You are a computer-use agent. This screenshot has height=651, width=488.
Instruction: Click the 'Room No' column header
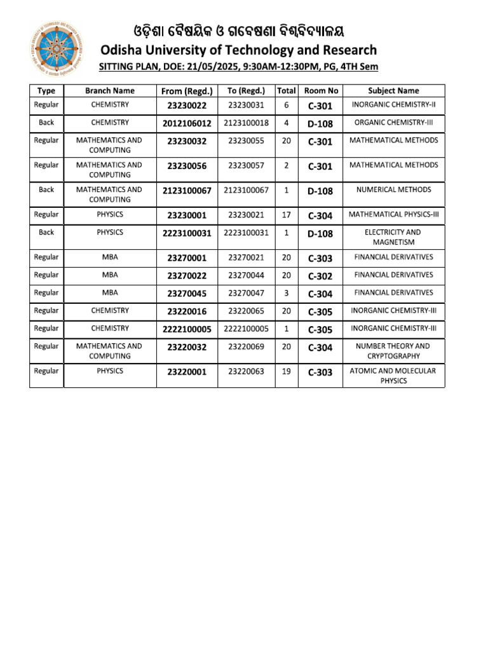(321, 91)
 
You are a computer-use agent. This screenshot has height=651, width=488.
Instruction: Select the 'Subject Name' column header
(393, 91)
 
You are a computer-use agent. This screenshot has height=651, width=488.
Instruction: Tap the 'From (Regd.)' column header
(187, 91)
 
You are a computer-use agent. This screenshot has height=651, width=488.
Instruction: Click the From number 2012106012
(187, 123)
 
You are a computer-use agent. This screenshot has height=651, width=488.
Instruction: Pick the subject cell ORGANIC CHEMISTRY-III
(393, 123)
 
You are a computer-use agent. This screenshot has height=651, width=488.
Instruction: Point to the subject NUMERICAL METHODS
(393, 189)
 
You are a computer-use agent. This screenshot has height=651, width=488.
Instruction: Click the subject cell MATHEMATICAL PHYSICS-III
(393, 215)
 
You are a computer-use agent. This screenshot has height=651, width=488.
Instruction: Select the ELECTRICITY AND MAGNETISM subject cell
(393, 237)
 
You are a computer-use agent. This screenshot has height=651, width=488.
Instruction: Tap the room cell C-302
(320, 276)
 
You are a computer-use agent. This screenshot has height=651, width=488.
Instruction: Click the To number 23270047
(247, 293)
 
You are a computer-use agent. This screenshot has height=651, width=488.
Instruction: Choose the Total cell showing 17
(286, 216)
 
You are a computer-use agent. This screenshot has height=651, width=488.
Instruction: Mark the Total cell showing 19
(286, 371)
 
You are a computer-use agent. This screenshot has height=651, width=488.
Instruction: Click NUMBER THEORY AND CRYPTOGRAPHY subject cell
(393, 351)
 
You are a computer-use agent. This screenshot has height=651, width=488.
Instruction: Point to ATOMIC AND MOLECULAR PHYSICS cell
(393, 376)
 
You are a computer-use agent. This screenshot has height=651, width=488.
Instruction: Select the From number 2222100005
(187, 329)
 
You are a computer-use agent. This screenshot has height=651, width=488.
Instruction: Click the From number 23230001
(187, 216)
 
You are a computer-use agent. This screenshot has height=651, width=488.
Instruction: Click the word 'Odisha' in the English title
(123, 50)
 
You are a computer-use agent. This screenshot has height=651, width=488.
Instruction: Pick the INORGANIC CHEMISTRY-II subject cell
(393, 105)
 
